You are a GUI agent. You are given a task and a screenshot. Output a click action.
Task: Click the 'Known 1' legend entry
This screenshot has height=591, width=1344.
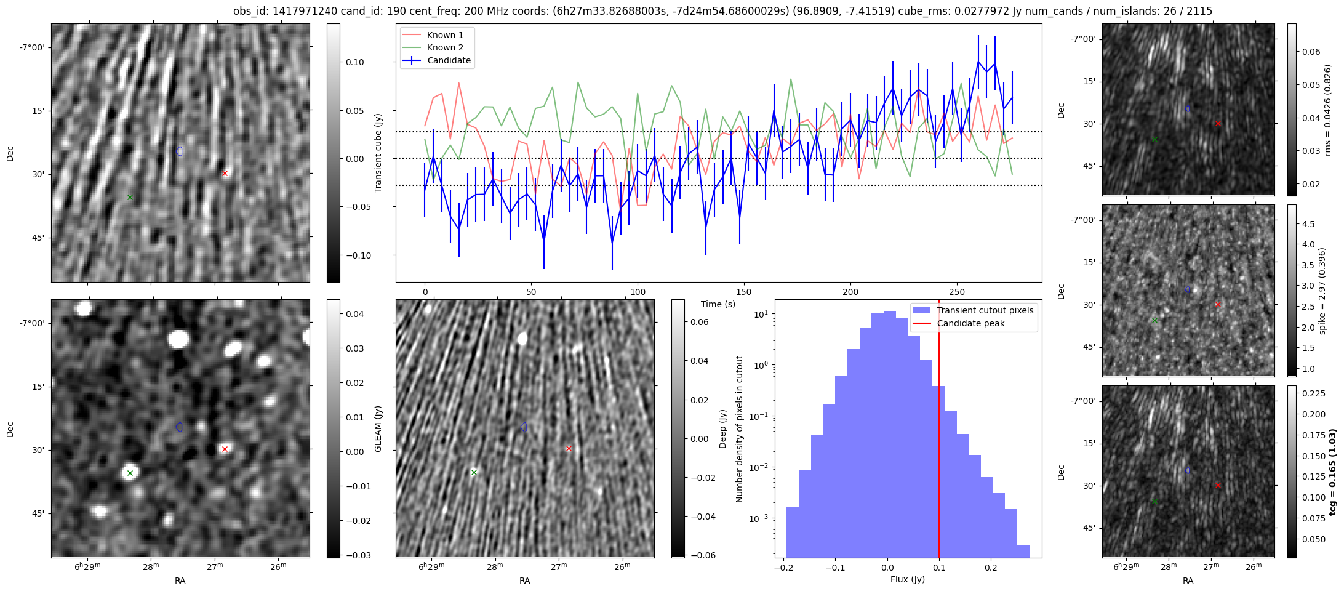tap(444, 35)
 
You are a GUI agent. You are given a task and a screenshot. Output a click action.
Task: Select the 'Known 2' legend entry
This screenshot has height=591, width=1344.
tap(444, 47)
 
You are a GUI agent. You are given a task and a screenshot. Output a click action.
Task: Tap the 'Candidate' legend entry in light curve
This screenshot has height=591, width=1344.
tap(449, 60)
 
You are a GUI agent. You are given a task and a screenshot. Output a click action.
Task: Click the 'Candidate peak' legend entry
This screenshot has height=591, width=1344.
tap(970, 323)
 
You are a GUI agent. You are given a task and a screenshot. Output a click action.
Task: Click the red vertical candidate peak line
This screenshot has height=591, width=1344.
tap(939, 431)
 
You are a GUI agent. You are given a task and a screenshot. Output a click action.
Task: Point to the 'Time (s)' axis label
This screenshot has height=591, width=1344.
tap(718, 304)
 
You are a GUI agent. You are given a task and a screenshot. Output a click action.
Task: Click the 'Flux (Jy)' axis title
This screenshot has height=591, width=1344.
tap(908, 579)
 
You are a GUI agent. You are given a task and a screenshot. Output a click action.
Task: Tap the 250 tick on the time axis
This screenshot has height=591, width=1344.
tap(957, 292)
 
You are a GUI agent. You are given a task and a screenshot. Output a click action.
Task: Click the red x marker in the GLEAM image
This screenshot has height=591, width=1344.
tap(225, 449)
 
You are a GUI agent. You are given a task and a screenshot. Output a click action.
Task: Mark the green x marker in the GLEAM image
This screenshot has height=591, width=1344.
tap(130, 473)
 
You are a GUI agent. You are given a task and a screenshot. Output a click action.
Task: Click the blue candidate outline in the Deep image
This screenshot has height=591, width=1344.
tap(524, 427)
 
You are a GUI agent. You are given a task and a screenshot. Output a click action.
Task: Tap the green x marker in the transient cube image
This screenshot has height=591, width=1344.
tap(130, 197)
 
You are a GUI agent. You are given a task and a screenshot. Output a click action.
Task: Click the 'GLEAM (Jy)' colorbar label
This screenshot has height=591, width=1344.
tap(378, 428)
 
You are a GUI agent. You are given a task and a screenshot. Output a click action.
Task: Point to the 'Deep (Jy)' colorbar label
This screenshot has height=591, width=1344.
tap(722, 428)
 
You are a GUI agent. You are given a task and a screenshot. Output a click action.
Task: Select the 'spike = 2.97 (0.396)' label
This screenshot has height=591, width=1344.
tap(1322, 291)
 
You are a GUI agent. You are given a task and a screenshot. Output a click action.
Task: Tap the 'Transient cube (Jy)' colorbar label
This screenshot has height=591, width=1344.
tap(378, 153)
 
